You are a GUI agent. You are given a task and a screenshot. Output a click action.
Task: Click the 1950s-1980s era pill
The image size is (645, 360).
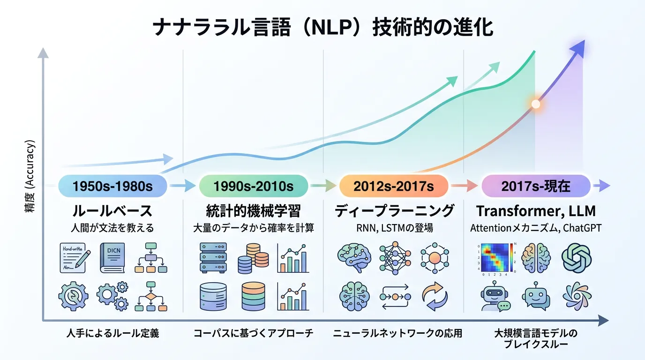tap(112, 186)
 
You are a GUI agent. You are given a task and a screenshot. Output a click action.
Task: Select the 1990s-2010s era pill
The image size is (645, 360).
tap(253, 186)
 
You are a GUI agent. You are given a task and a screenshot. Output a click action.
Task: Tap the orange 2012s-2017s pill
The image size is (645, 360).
tap(394, 186)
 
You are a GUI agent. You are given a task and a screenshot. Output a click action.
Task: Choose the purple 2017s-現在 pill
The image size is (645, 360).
tap(536, 186)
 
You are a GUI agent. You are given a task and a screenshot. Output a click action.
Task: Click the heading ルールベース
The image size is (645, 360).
tap(112, 210)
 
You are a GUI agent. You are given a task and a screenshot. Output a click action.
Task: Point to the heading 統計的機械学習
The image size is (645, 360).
tap(253, 210)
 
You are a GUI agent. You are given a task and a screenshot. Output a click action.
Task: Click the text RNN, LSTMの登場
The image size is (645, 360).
tap(394, 228)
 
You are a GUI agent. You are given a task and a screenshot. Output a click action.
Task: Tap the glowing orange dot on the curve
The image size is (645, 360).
tap(535, 104)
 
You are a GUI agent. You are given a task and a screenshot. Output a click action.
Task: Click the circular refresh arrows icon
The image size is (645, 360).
tap(435, 297)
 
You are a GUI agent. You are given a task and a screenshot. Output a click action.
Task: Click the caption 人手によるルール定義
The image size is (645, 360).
tap(112, 334)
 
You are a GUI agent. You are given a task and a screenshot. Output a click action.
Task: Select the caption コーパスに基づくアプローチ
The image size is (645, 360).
tap(253, 334)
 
